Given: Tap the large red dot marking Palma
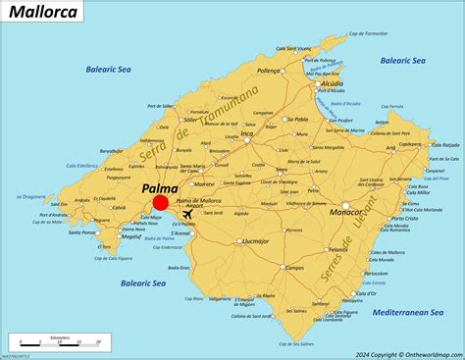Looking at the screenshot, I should pos(161,202).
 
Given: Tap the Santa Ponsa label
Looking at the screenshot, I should pos(82,232).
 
